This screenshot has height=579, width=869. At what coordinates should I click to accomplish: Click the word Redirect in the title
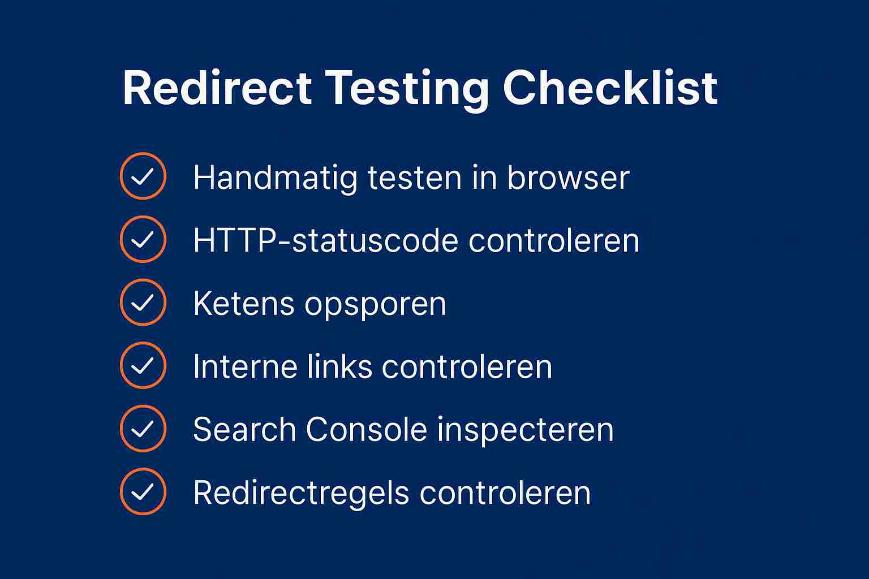coord(217,88)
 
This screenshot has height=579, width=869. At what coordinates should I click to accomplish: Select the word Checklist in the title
coord(610,88)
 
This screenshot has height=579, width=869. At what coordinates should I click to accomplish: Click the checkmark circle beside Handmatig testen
coord(143,176)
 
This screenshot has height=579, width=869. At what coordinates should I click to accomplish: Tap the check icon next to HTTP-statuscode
coord(143,239)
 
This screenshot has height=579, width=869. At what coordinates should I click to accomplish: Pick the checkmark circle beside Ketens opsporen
coord(143,303)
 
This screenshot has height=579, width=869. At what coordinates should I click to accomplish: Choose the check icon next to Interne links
coord(143,365)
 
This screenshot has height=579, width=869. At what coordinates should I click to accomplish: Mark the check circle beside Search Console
coord(143,429)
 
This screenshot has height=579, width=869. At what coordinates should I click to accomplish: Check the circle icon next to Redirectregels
coord(143,491)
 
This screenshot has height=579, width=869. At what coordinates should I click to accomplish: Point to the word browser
coord(568,178)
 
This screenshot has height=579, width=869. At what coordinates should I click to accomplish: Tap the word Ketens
coord(244,304)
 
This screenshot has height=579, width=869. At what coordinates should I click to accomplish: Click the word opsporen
coord(376,305)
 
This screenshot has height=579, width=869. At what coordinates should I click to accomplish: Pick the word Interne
coord(246,366)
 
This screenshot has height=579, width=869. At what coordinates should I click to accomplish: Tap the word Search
coord(244,430)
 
